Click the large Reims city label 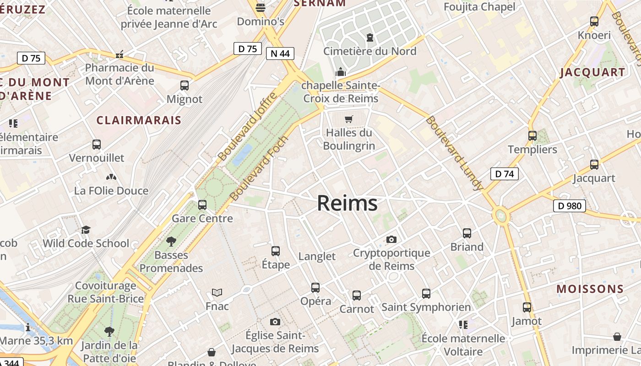pos(347,203)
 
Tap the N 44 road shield pos(280,54)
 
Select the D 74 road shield pos(504,174)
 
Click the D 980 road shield pos(570,206)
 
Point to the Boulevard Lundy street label pos(454,153)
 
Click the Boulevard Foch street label pos(260,168)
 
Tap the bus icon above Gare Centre pos(202,205)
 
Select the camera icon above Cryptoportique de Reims pos(391,239)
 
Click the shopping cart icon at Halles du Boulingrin pos(349,119)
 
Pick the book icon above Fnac pos(217,292)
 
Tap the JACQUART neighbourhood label pos(592,72)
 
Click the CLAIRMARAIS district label pos(139,120)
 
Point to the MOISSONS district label pos(590,289)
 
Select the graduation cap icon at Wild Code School pos(86,230)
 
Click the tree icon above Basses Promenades pos(171,241)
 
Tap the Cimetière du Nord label pos(370,51)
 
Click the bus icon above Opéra pos(315,287)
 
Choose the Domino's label pos(261,22)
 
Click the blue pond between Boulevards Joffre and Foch pos(242,155)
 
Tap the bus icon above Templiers pos(532,136)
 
